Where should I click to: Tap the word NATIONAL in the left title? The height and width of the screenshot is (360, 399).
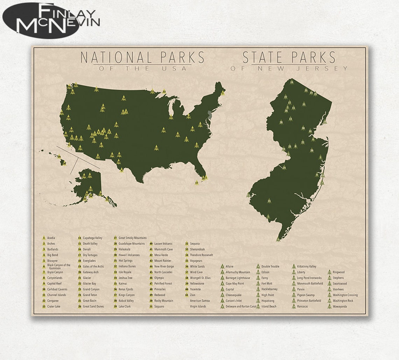point(113,57)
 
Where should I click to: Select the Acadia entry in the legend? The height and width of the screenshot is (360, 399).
point(51,238)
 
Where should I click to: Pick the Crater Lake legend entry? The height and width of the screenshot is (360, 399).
point(54,306)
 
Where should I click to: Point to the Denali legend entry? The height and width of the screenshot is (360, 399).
point(87,249)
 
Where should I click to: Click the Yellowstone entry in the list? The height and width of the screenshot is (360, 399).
point(197,284)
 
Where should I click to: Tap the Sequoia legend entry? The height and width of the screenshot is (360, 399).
point(195,243)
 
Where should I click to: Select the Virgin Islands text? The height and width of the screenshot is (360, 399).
point(198,306)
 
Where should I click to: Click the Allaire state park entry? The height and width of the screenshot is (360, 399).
point(230,267)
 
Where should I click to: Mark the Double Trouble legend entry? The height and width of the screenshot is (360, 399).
point(270,267)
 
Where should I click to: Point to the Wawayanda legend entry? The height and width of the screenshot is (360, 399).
point(339,306)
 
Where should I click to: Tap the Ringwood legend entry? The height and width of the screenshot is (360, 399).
point(338,272)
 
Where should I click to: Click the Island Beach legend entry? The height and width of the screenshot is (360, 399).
point(268,306)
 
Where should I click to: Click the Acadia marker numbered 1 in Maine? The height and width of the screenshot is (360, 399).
point(223,93)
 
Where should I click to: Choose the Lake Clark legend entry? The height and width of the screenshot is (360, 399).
point(125,306)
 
